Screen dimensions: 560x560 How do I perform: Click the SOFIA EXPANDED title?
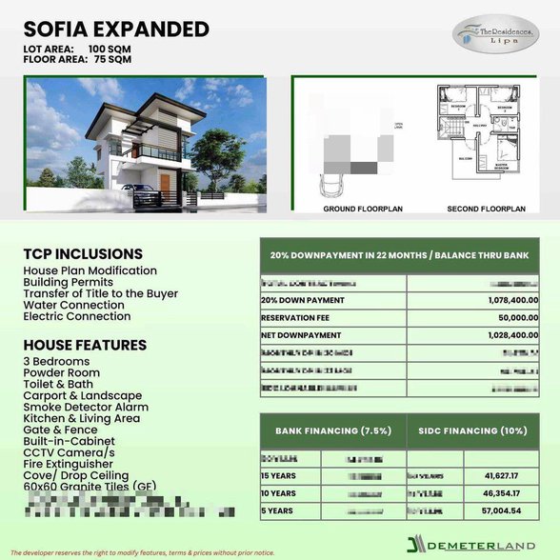116,29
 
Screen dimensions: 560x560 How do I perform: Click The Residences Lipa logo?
491,34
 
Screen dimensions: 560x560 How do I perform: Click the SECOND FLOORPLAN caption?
487,209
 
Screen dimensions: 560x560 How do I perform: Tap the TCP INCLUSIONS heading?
83,254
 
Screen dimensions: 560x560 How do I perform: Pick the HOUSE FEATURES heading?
85,345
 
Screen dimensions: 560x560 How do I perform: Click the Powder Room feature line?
61,373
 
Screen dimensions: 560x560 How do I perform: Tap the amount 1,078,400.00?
504,300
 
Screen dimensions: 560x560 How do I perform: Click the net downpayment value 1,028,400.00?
504,336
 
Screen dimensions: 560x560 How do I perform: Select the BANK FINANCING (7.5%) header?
332,430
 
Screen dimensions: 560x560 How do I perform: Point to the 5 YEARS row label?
278,511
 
